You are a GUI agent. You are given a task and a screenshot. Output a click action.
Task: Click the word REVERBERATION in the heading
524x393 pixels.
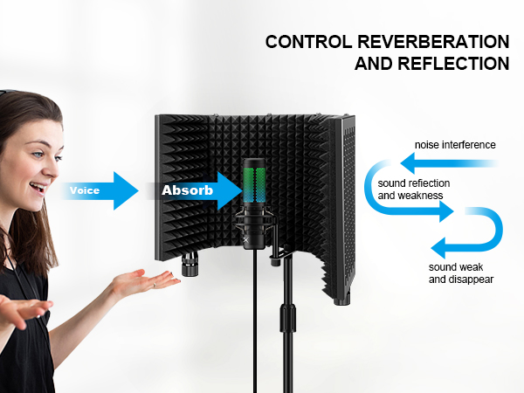pos(433,42)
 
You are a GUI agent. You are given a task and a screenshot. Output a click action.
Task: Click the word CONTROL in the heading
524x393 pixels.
pos(309,42)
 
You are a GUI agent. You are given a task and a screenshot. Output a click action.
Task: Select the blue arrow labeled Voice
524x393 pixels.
pos(100,190)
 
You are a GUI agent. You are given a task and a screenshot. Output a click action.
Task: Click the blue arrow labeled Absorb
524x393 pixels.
pos(194,190)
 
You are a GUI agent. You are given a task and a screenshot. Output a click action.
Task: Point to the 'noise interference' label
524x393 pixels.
pos(455,145)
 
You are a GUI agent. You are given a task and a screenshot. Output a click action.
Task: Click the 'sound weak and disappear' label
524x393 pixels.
pos(461,273)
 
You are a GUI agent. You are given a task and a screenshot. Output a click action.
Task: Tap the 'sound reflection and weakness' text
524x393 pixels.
pos(414,190)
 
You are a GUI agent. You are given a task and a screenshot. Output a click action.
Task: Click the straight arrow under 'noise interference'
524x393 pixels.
pos(449,163)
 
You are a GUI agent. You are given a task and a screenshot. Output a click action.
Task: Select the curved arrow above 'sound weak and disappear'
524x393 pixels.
pos(500,230)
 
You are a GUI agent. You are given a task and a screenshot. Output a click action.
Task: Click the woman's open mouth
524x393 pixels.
pos(38,188)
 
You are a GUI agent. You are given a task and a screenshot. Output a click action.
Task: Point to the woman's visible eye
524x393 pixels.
pos(38,155)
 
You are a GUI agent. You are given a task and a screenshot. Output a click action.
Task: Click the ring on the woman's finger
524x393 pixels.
pos(155,285)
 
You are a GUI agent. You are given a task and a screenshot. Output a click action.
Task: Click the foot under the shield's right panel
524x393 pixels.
pos(341,301)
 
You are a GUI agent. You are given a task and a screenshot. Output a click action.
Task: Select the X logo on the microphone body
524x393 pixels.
pos(246,239)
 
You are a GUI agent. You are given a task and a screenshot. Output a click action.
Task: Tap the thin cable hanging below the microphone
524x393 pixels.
pos(256,321)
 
